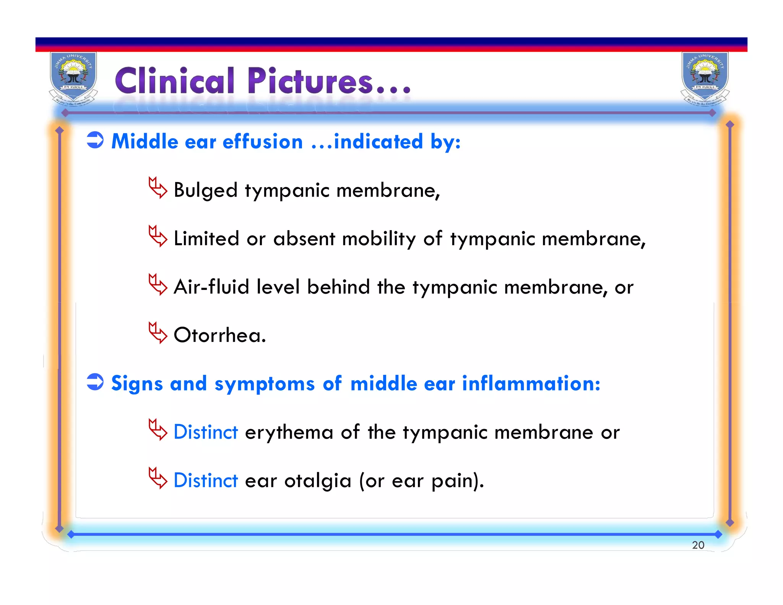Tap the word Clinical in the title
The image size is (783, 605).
click(175, 81)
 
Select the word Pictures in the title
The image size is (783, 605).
click(310, 81)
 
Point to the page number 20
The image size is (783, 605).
click(698, 545)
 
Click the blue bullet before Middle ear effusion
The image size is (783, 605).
click(95, 140)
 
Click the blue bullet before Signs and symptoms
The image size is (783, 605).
click(95, 382)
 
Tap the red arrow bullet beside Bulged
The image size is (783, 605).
click(158, 188)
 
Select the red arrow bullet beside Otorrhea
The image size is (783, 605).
click(158, 333)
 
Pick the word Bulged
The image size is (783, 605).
click(206, 190)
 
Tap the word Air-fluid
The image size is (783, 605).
click(211, 287)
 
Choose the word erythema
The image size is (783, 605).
click(289, 433)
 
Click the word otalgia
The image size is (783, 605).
click(317, 481)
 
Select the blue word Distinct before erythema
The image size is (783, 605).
click(206, 432)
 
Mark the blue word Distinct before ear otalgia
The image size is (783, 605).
click(206, 480)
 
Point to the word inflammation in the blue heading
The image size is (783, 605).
click(531, 383)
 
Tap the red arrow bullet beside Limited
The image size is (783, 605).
click(158, 236)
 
